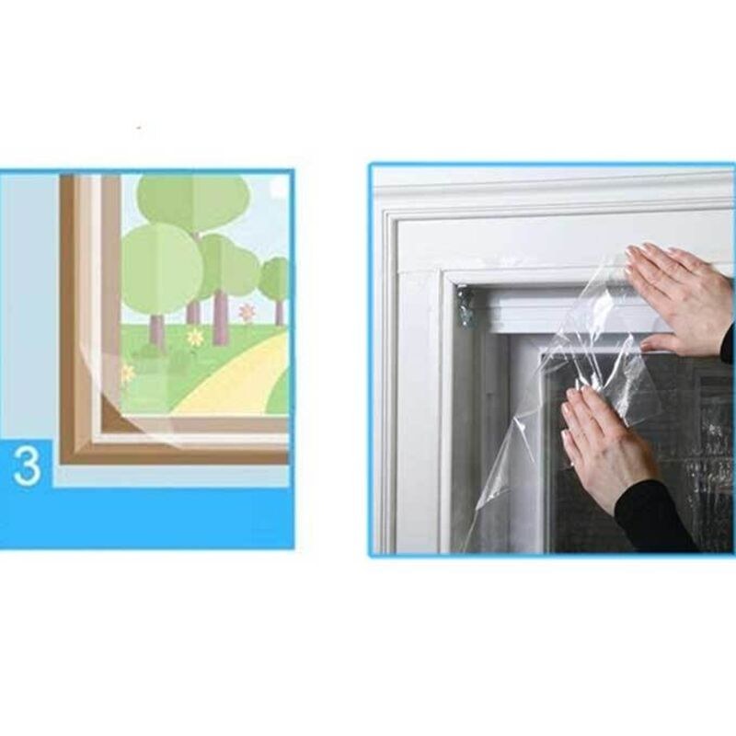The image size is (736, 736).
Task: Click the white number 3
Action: [27, 466]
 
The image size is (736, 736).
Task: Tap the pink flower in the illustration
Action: [246, 312]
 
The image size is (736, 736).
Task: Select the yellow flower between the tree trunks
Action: [194, 336]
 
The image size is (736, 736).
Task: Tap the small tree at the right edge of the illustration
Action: [275, 286]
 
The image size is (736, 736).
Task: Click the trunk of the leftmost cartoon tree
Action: [157, 331]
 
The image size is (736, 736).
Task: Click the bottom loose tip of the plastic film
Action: [477, 507]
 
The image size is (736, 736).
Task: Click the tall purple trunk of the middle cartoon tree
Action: [220, 316]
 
